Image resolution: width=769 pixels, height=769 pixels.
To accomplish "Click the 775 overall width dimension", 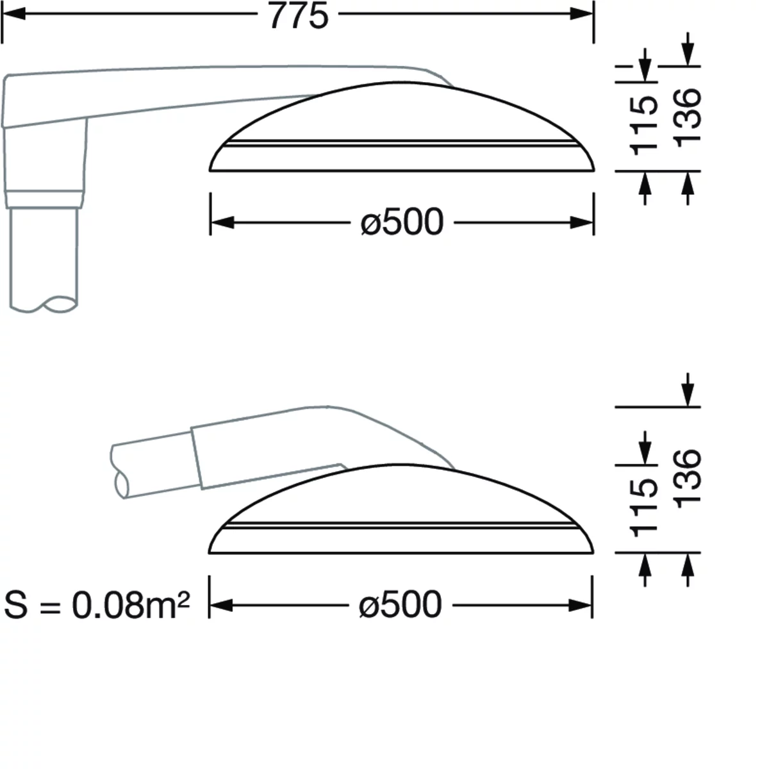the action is pyautogui.click(x=299, y=16).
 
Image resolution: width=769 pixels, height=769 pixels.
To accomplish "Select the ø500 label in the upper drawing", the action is pyautogui.click(x=402, y=222).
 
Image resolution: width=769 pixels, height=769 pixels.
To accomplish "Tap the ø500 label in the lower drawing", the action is pyautogui.click(x=401, y=604).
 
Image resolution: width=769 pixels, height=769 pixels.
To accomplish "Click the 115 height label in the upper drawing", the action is pyautogui.click(x=643, y=126).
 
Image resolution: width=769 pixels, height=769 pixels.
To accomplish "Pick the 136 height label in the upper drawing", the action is pyautogui.click(x=687, y=118).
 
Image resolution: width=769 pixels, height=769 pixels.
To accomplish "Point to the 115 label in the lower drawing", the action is pyautogui.click(x=643, y=508).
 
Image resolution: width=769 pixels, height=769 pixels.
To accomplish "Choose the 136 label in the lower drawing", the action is pyautogui.click(x=687, y=479).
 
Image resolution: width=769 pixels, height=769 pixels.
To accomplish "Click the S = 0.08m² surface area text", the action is pyautogui.click(x=97, y=604).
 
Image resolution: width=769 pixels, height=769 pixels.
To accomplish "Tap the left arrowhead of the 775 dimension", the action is pyautogui.click(x=13, y=14).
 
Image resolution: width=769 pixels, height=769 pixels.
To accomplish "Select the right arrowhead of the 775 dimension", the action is pyautogui.click(x=583, y=14).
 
